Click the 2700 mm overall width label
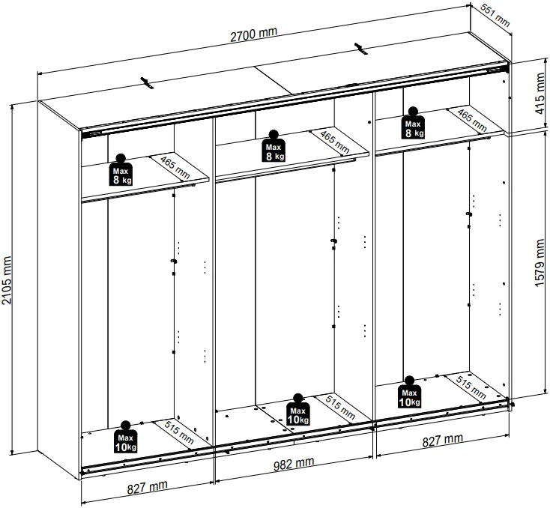[x=253, y=34]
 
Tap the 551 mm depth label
[x=495, y=16]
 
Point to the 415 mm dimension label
[x=540, y=94]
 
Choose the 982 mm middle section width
[x=294, y=464]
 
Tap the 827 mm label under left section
[x=148, y=487]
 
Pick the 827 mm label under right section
[x=442, y=440]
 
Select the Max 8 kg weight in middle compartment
[x=274, y=146]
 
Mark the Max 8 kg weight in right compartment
[x=413, y=123]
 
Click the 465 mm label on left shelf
[x=175, y=167]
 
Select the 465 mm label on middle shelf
[x=335, y=142]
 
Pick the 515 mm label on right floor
[x=471, y=387]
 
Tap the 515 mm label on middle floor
[x=340, y=407]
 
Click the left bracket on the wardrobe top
[x=148, y=83]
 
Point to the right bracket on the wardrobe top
[x=360, y=49]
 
